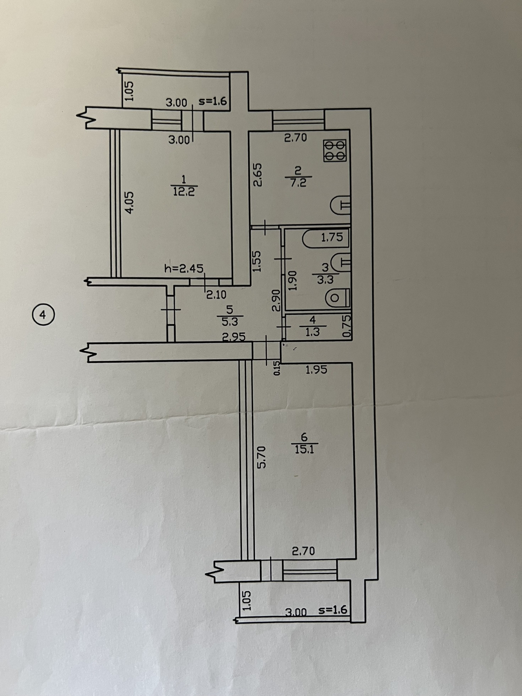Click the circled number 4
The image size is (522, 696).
43,315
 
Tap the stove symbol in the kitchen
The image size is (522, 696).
335,151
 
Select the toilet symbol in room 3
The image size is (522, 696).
338,298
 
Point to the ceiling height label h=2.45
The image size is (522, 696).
184,268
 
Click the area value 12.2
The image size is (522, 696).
184,192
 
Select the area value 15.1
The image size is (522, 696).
304,450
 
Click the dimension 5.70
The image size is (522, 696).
261,457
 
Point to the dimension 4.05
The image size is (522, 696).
130,202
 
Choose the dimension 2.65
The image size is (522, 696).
258,174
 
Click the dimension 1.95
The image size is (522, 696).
316,370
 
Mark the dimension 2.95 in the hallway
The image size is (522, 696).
234,336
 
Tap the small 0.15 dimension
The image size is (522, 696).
277,368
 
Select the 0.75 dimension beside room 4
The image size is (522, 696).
347,326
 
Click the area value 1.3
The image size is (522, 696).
312,332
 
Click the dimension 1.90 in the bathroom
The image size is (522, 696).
292,281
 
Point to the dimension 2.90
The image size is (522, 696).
276,300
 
